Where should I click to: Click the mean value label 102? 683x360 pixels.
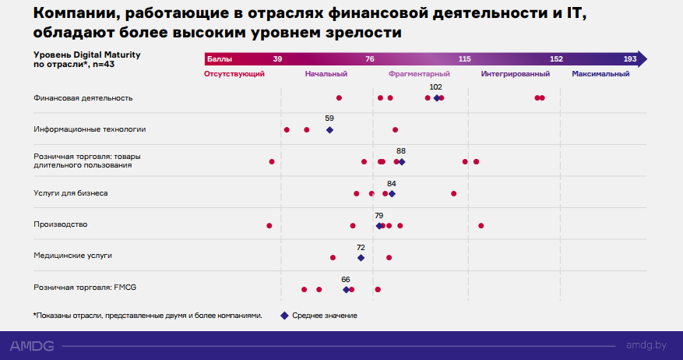click(436, 87)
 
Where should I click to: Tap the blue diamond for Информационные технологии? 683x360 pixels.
click(329, 130)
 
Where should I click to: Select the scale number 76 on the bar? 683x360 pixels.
click(370, 59)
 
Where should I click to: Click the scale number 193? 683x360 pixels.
click(630, 59)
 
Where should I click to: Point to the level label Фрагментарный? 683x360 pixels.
click(419, 73)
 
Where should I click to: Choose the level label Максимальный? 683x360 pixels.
click(600, 73)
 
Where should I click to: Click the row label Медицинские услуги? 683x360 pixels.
click(67, 256)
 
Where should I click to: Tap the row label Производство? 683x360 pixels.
click(60, 224)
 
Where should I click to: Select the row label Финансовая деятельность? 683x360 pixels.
click(83, 98)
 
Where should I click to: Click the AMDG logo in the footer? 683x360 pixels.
click(33, 344)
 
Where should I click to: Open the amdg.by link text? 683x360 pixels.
click(646, 344)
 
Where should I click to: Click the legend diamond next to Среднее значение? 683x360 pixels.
click(284, 316)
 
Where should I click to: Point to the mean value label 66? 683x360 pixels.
click(346, 279)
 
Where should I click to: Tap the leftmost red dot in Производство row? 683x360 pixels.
click(269, 225)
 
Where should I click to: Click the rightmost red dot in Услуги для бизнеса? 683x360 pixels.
click(454, 193)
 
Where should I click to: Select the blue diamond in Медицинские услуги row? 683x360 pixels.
click(361, 257)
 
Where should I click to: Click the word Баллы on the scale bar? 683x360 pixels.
click(219, 59)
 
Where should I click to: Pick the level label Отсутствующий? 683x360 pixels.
click(234, 73)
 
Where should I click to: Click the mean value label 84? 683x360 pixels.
click(391, 184)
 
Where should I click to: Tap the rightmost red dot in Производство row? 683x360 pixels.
click(481, 225)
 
